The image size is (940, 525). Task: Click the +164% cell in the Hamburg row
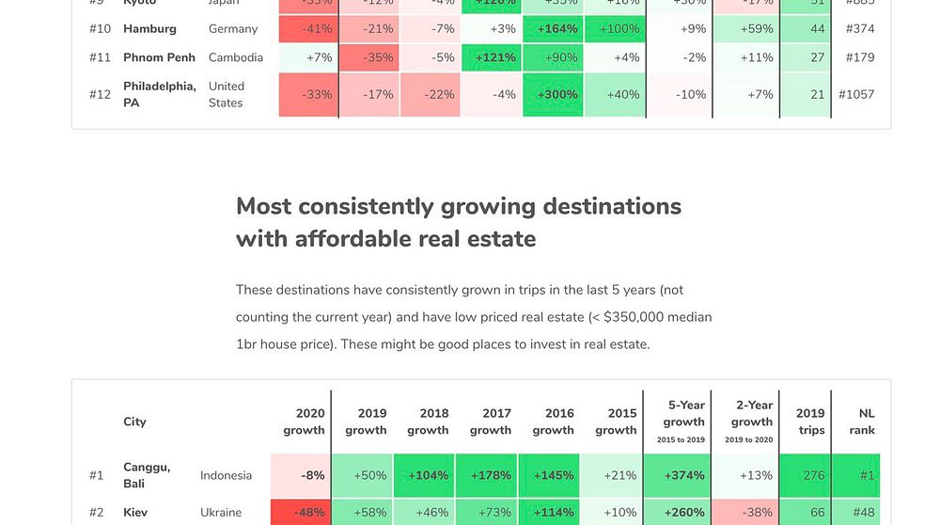(557, 29)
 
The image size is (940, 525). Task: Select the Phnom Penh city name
(159, 57)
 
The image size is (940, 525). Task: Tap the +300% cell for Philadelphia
(557, 94)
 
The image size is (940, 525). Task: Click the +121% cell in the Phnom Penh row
(494, 57)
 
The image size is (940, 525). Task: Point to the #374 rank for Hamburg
(859, 29)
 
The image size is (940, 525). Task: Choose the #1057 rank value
(856, 94)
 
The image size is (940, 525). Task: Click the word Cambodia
(236, 57)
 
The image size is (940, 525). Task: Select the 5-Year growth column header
(683, 422)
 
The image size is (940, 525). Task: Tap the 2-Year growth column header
(752, 422)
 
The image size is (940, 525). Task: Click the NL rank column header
(865, 422)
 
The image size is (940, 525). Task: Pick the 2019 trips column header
(810, 422)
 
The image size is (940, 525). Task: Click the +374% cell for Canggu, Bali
(683, 475)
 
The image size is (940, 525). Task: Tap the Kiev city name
(135, 513)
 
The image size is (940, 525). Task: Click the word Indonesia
(226, 475)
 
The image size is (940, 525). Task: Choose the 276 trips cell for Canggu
(813, 475)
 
